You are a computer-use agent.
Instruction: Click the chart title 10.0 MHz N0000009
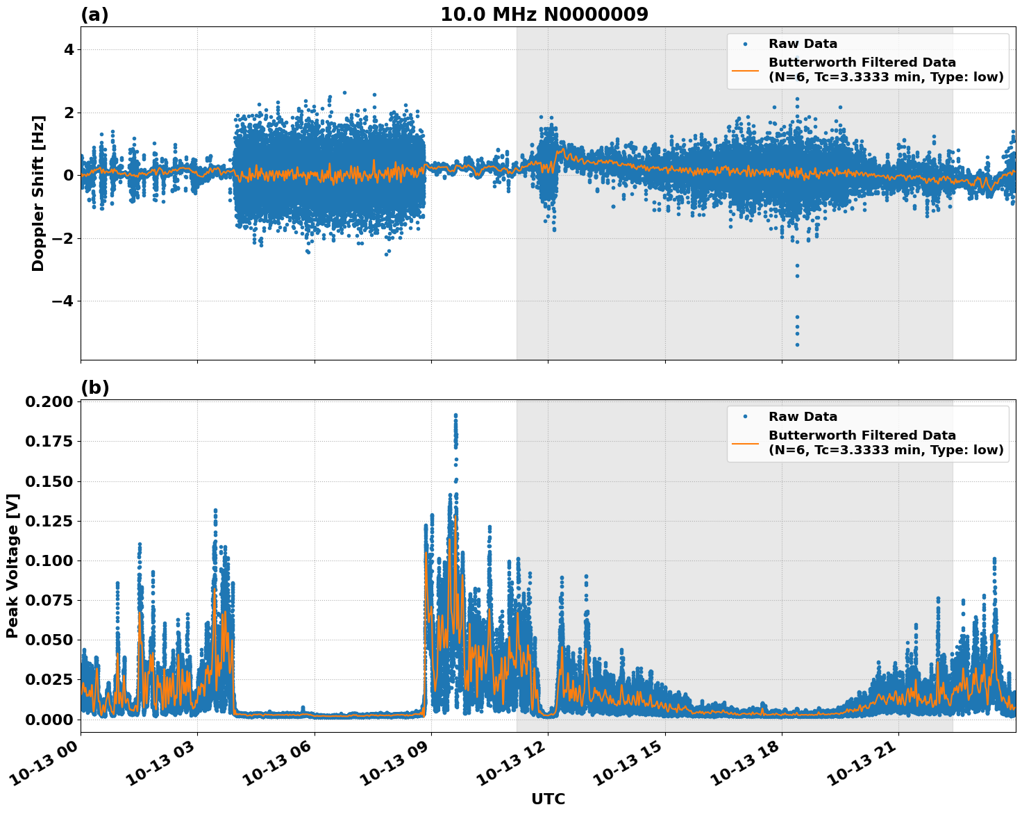point(544,15)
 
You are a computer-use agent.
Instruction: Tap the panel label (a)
point(94,15)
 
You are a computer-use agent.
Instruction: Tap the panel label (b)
point(94,388)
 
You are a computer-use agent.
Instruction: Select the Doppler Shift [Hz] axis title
point(38,193)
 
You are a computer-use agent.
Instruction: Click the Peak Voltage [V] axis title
point(12,565)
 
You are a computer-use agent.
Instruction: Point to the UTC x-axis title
point(548,799)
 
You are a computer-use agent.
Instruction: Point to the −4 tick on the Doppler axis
point(65,301)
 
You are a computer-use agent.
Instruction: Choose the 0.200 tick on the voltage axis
point(49,401)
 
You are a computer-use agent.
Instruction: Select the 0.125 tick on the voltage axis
point(49,521)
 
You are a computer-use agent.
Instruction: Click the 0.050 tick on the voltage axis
point(49,640)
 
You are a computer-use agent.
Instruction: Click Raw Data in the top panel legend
point(803,44)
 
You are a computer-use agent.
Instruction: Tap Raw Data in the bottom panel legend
point(803,417)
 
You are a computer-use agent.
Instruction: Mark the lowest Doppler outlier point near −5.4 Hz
point(797,344)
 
